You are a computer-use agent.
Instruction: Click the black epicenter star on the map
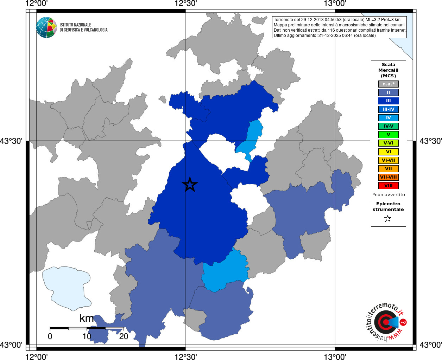[x=190, y=185]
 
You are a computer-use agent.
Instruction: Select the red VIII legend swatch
[x=388, y=186]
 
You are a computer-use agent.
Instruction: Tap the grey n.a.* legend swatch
[x=388, y=84]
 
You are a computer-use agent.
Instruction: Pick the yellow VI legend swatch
[x=388, y=152]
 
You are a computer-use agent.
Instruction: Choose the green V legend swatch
[x=388, y=135]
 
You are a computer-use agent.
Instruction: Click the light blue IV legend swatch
[x=388, y=118]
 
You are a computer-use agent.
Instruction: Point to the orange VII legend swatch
[x=388, y=169]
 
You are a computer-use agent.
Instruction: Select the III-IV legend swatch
[x=388, y=109]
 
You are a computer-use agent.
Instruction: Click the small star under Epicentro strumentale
[x=388, y=219]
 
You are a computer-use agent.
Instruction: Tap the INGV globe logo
[x=46, y=27]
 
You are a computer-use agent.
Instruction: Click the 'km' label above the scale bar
[x=87, y=319]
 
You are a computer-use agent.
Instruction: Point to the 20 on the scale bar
[x=124, y=336]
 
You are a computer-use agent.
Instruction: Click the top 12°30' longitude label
[x=185, y=4]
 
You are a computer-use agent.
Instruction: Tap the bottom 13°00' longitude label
[x=335, y=356]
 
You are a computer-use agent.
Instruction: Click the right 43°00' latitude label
[x=430, y=345]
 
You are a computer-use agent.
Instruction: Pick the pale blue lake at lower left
[x=67, y=288]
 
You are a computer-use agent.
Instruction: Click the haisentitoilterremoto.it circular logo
[x=386, y=322]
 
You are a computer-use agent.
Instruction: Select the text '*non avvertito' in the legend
[x=389, y=195]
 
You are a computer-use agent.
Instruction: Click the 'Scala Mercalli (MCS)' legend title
[x=388, y=70]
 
